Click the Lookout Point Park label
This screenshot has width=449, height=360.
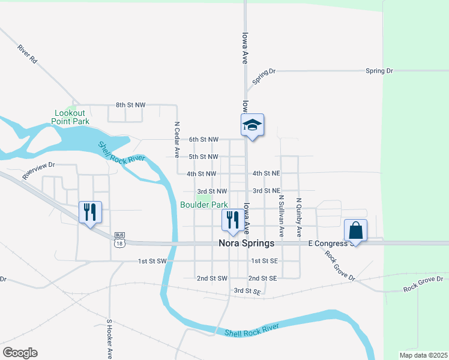pyautogui.click(x=72, y=117)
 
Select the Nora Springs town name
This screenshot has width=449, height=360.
pyautogui.click(x=246, y=244)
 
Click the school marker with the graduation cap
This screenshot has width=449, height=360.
pyautogui.click(x=252, y=125)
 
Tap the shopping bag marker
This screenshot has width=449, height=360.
pyautogui.click(x=355, y=230)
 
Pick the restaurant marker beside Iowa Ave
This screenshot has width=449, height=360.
pyautogui.click(x=233, y=220)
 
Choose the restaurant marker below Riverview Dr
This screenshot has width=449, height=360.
pyautogui.click(x=90, y=212)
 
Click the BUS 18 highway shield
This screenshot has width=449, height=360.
pyautogui.click(x=119, y=239)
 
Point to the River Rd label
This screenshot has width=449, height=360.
pyautogui.click(x=28, y=53)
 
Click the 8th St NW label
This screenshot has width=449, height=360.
pyautogui.click(x=131, y=105)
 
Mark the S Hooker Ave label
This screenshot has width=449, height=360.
pyautogui.click(x=110, y=338)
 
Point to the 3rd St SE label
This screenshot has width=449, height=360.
pyautogui.click(x=247, y=291)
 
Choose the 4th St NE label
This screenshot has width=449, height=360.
pyautogui.click(x=267, y=173)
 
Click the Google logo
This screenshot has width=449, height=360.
pyautogui.click(x=20, y=353)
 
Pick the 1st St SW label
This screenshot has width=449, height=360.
pyautogui.click(x=151, y=261)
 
